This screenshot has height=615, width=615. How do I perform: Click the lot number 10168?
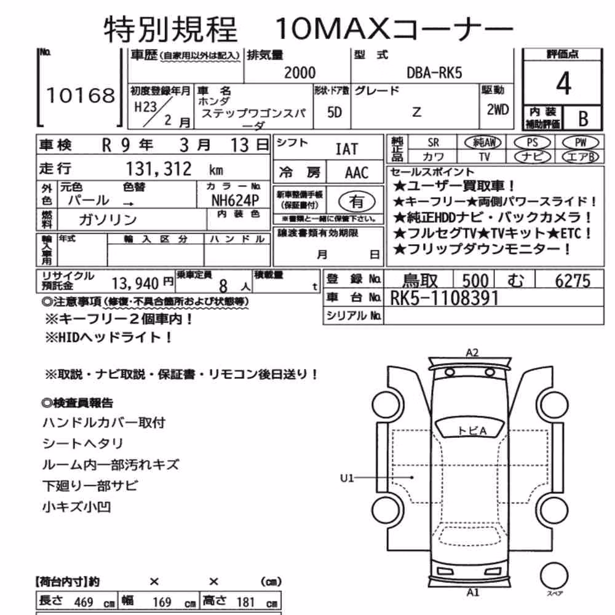point(81,96)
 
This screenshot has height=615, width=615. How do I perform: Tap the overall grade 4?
point(563,84)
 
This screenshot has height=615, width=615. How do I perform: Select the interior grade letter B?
point(583,119)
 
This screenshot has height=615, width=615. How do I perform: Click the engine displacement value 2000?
point(300,73)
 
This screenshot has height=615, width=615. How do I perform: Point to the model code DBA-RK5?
point(434,73)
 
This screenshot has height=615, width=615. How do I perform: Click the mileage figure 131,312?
point(159,169)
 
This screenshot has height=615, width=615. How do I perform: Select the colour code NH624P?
point(235,200)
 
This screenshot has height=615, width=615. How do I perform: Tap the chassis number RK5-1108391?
point(444,298)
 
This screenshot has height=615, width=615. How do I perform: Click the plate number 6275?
point(573,281)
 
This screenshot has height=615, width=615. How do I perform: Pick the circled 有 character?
point(357,202)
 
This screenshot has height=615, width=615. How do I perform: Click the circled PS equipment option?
point(532,143)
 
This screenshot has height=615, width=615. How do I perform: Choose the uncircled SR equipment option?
point(434,143)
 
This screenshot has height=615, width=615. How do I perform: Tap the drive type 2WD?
point(498,110)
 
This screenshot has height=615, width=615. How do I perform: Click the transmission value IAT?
point(347,149)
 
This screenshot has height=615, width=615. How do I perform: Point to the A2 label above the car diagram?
point(472,352)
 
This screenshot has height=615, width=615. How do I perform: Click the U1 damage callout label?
point(347,478)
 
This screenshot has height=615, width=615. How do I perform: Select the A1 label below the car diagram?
point(472,592)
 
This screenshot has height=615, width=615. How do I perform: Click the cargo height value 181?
point(245,601)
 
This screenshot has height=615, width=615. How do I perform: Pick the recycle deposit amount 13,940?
point(135,283)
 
